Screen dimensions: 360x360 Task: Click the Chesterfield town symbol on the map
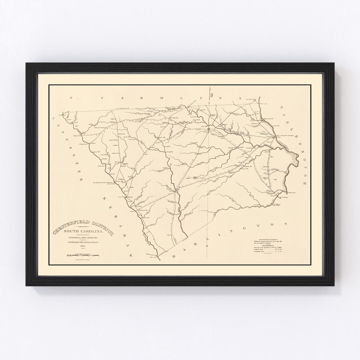coord(208,128)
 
